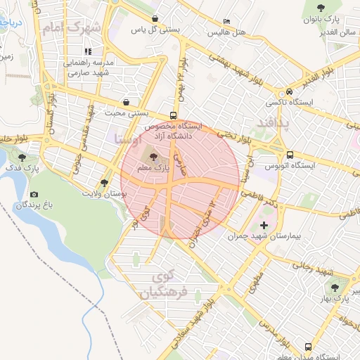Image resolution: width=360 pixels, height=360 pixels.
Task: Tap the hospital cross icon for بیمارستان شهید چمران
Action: click(x=264, y=226)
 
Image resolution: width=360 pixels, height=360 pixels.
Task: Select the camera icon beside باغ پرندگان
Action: click(x=34, y=194)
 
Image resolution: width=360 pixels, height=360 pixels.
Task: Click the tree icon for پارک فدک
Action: click(x=23, y=158)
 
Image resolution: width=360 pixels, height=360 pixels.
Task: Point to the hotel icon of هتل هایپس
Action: click(x=226, y=22)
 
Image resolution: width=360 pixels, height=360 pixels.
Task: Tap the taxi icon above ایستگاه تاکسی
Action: click(x=289, y=93)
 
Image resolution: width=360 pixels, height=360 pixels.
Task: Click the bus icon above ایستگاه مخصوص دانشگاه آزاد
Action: click(x=173, y=116)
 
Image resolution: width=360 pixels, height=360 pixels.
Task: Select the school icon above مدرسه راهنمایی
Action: click(x=88, y=51)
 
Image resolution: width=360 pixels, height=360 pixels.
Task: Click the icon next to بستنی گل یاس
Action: click(x=155, y=19)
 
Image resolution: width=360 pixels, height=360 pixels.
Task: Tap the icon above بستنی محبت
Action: click(x=126, y=102)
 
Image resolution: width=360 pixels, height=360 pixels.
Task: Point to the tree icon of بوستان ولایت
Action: click(x=104, y=182)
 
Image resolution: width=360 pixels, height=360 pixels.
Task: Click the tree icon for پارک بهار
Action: click(x=335, y=287)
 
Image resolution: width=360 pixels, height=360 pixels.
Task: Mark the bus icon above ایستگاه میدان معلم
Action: click(x=308, y=347)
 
